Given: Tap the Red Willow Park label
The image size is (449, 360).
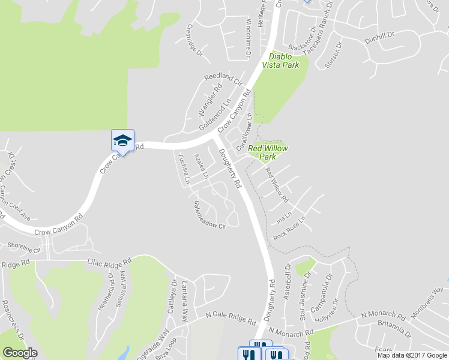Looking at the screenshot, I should tap(268, 152).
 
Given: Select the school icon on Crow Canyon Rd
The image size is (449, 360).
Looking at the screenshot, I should tap(122, 141).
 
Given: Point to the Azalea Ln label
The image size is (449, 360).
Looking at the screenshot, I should tap(200, 167).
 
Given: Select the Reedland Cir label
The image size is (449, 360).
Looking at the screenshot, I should tap(223, 79).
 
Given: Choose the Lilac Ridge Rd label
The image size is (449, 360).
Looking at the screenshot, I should tap(109, 262).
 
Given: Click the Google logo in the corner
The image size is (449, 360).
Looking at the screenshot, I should tap(20, 353).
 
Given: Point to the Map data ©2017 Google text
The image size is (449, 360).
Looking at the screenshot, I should tap(412, 355).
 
